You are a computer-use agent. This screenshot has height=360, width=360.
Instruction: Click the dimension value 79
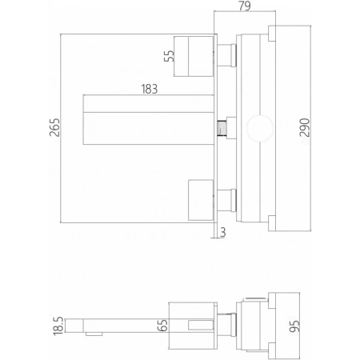pyautogui.click(x=245, y=6)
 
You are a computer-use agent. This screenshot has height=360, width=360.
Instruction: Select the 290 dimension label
pyautogui.click(x=305, y=127)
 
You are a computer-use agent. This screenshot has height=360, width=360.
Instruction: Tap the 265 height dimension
pyautogui.click(x=54, y=127)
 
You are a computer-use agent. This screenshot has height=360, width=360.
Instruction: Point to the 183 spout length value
pyautogui.click(x=150, y=89)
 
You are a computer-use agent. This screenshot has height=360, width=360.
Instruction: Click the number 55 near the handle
pyautogui.click(x=169, y=56)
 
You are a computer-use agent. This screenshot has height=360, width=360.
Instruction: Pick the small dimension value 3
pyautogui.click(x=223, y=232)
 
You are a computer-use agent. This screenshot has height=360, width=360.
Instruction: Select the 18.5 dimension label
pyautogui.click(x=58, y=326)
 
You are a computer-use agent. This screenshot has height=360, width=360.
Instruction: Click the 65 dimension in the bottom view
pyautogui.click(x=162, y=325)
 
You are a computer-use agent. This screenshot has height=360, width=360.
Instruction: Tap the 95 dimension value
pyautogui.click(x=294, y=326)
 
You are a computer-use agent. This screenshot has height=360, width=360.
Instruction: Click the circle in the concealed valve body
pyautogui.click(x=260, y=115)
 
